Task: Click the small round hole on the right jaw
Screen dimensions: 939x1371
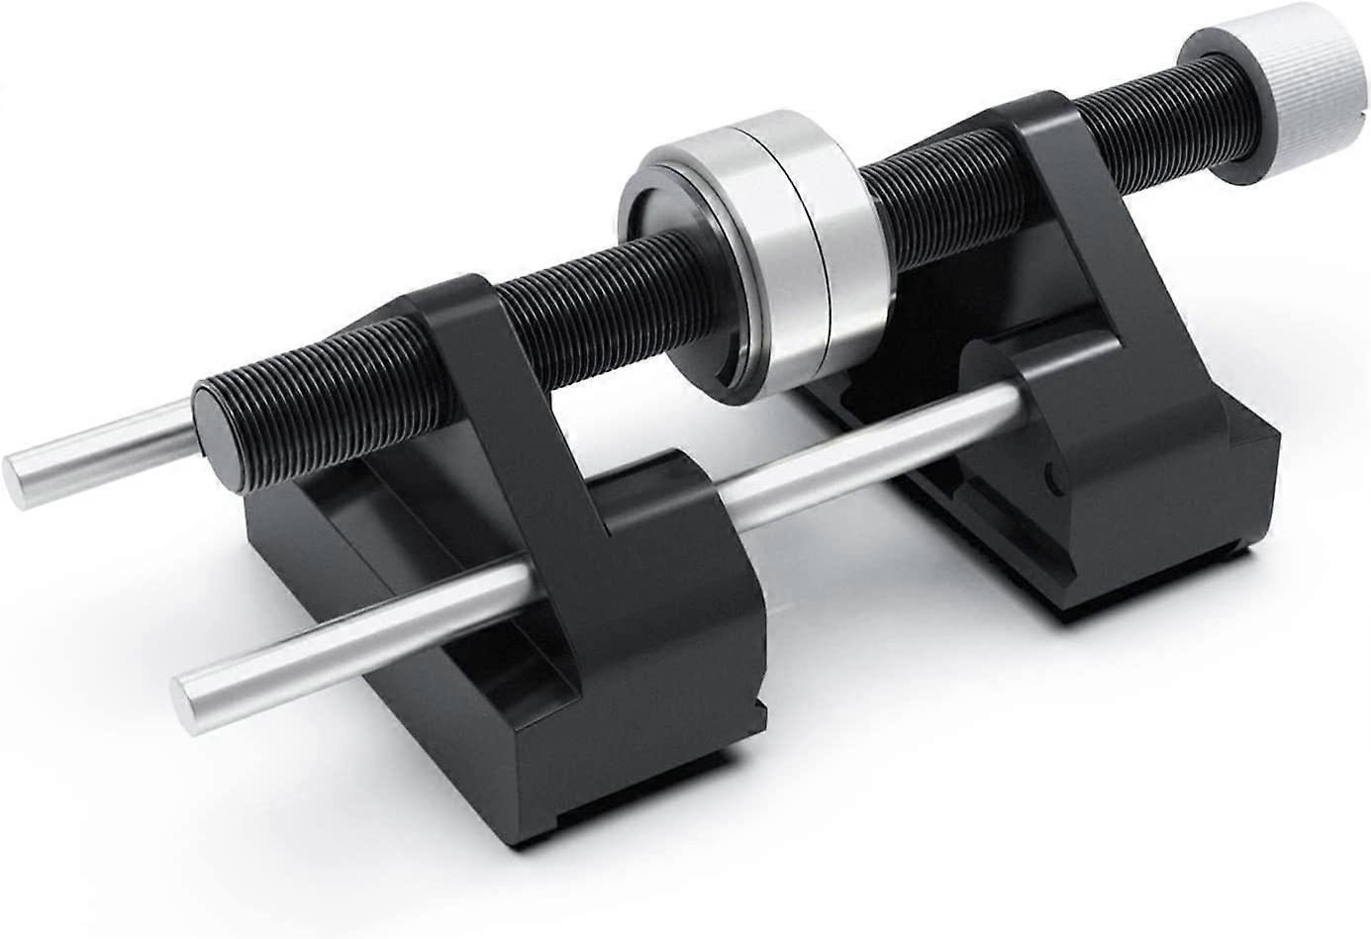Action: point(1052,485)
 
